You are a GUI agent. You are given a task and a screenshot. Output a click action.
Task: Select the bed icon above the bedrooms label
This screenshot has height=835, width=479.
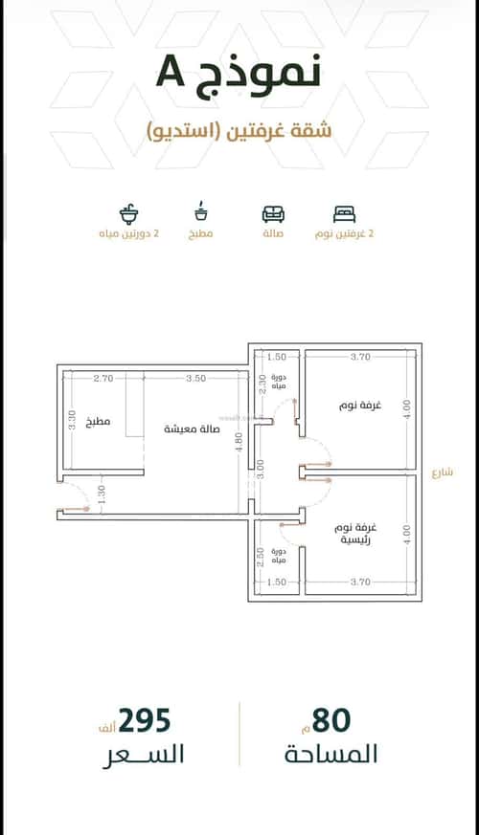(344, 213)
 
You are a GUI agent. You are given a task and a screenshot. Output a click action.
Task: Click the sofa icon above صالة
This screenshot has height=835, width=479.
(273, 213)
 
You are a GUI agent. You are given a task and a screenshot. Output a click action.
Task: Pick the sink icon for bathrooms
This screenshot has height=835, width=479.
(128, 212)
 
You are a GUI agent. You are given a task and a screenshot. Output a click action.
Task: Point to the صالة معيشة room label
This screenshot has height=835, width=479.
(191, 428)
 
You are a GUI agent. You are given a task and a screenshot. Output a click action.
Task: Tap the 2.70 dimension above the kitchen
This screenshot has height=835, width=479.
(104, 379)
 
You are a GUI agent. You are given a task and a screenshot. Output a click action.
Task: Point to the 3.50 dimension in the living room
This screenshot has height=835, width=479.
(196, 379)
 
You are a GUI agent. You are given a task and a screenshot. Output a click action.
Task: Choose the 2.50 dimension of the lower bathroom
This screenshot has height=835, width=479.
(260, 557)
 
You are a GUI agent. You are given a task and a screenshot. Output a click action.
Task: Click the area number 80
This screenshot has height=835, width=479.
(331, 720)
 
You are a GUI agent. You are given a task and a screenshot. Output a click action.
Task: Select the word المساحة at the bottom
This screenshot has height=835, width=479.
(331, 754)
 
